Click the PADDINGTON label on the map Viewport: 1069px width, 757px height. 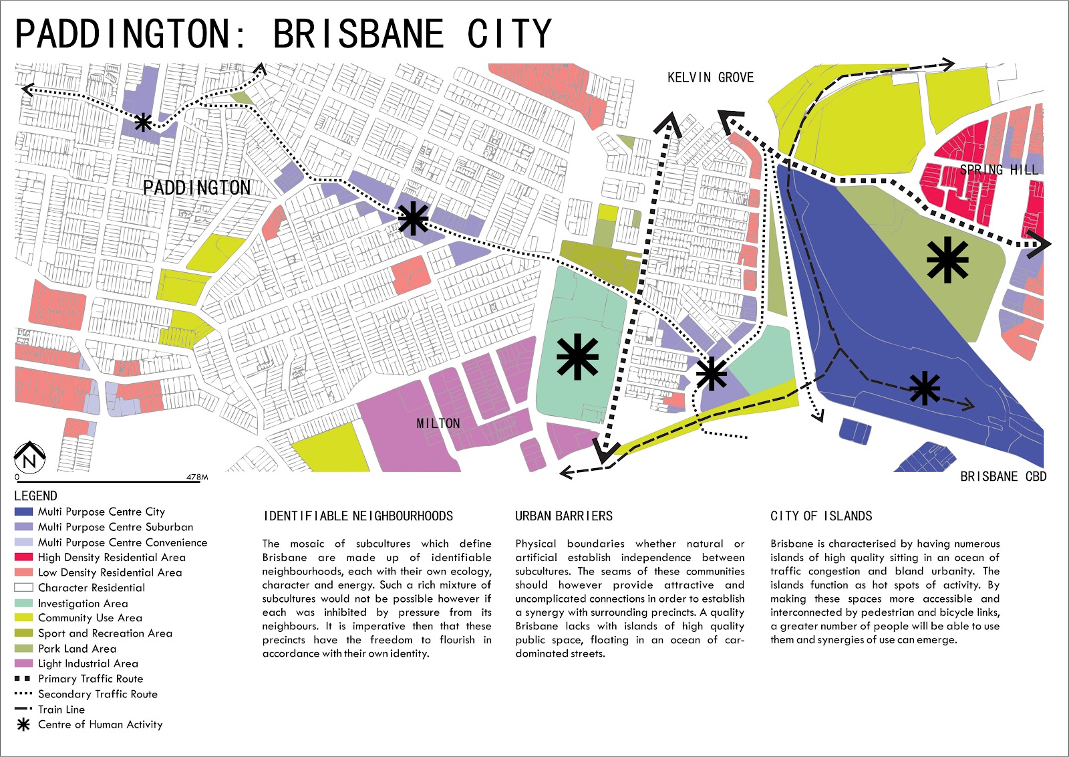tap(197, 188)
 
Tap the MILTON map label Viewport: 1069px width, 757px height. tap(438, 423)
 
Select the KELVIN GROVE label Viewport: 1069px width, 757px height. tap(710, 78)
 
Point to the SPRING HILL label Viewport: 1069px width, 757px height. tap(999, 170)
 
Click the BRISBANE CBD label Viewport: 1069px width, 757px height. tap(1003, 476)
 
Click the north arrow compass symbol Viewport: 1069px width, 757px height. tap(29, 457)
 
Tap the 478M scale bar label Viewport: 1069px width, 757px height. tap(197, 477)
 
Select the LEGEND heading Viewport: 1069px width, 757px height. tap(35, 496)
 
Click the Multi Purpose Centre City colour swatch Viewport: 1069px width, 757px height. tap(23, 512)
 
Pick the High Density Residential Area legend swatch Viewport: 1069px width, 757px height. tap(23, 557)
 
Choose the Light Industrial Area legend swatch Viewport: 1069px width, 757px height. tap(23, 663)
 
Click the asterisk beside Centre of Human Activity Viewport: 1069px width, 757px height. tap(23, 724)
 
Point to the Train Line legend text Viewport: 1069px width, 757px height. tap(61, 710)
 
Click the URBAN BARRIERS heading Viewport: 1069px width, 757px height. tap(563, 516)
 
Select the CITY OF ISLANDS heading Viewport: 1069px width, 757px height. tap(821, 516)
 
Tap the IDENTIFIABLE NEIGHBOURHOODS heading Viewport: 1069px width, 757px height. tap(358, 516)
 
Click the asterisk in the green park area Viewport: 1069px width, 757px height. tap(947, 260)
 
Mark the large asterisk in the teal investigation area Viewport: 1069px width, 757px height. tap(577, 357)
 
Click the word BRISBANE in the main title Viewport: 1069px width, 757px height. tap(359, 33)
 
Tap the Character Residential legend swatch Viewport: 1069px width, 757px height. tap(23, 588)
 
